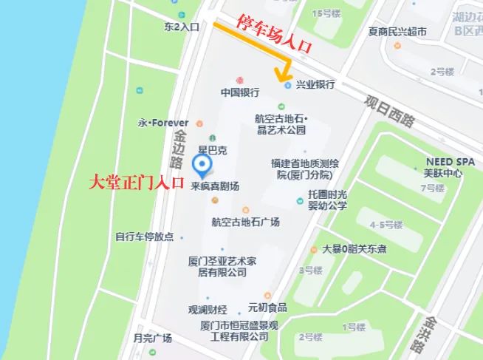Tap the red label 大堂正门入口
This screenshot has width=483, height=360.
pos(136,183)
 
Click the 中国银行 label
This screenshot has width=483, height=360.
pos(239,93)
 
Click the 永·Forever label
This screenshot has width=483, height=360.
pos(164,122)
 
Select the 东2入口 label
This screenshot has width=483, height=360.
pos(181,27)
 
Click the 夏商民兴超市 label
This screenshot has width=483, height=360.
pos(397,32)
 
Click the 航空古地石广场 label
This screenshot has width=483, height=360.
pos(245,221)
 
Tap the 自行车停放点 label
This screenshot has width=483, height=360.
pos(144,237)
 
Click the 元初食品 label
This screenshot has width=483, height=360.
pos(267,308)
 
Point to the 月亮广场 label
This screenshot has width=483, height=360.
pos(152,338)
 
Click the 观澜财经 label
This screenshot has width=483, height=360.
pos(208,309)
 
